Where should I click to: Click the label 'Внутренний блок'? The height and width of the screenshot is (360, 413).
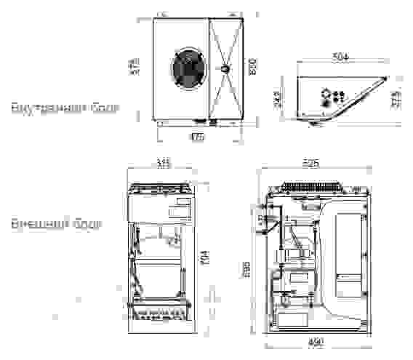click(65, 108)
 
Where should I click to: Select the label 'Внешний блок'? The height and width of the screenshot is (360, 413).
click(56, 223)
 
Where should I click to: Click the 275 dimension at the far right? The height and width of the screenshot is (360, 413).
click(396, 99)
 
